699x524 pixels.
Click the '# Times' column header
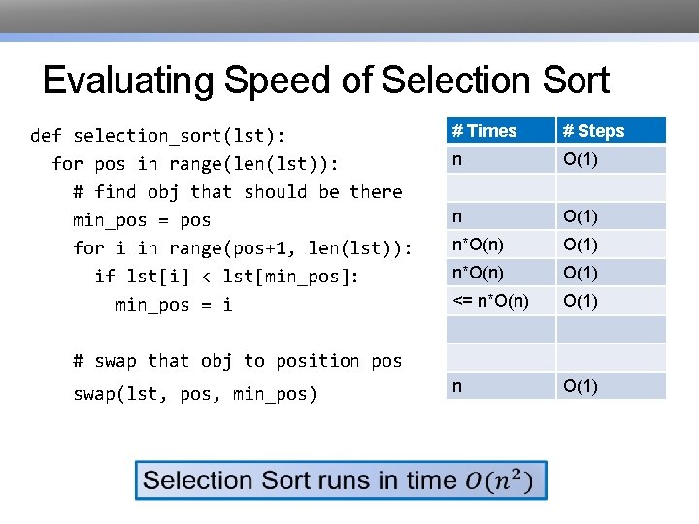pos(485,131)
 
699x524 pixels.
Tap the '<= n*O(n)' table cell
pos(491,301)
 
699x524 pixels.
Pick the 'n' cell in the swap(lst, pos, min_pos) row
pos(457,386)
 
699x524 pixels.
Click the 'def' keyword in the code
pos(46,136)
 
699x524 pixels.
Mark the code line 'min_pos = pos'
pos(142,220)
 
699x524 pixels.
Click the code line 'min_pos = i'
pos(174,305)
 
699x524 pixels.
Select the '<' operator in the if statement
pos(211,277)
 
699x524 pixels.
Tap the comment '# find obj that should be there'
pos(237,192)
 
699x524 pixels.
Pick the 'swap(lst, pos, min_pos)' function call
pos(195,394)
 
